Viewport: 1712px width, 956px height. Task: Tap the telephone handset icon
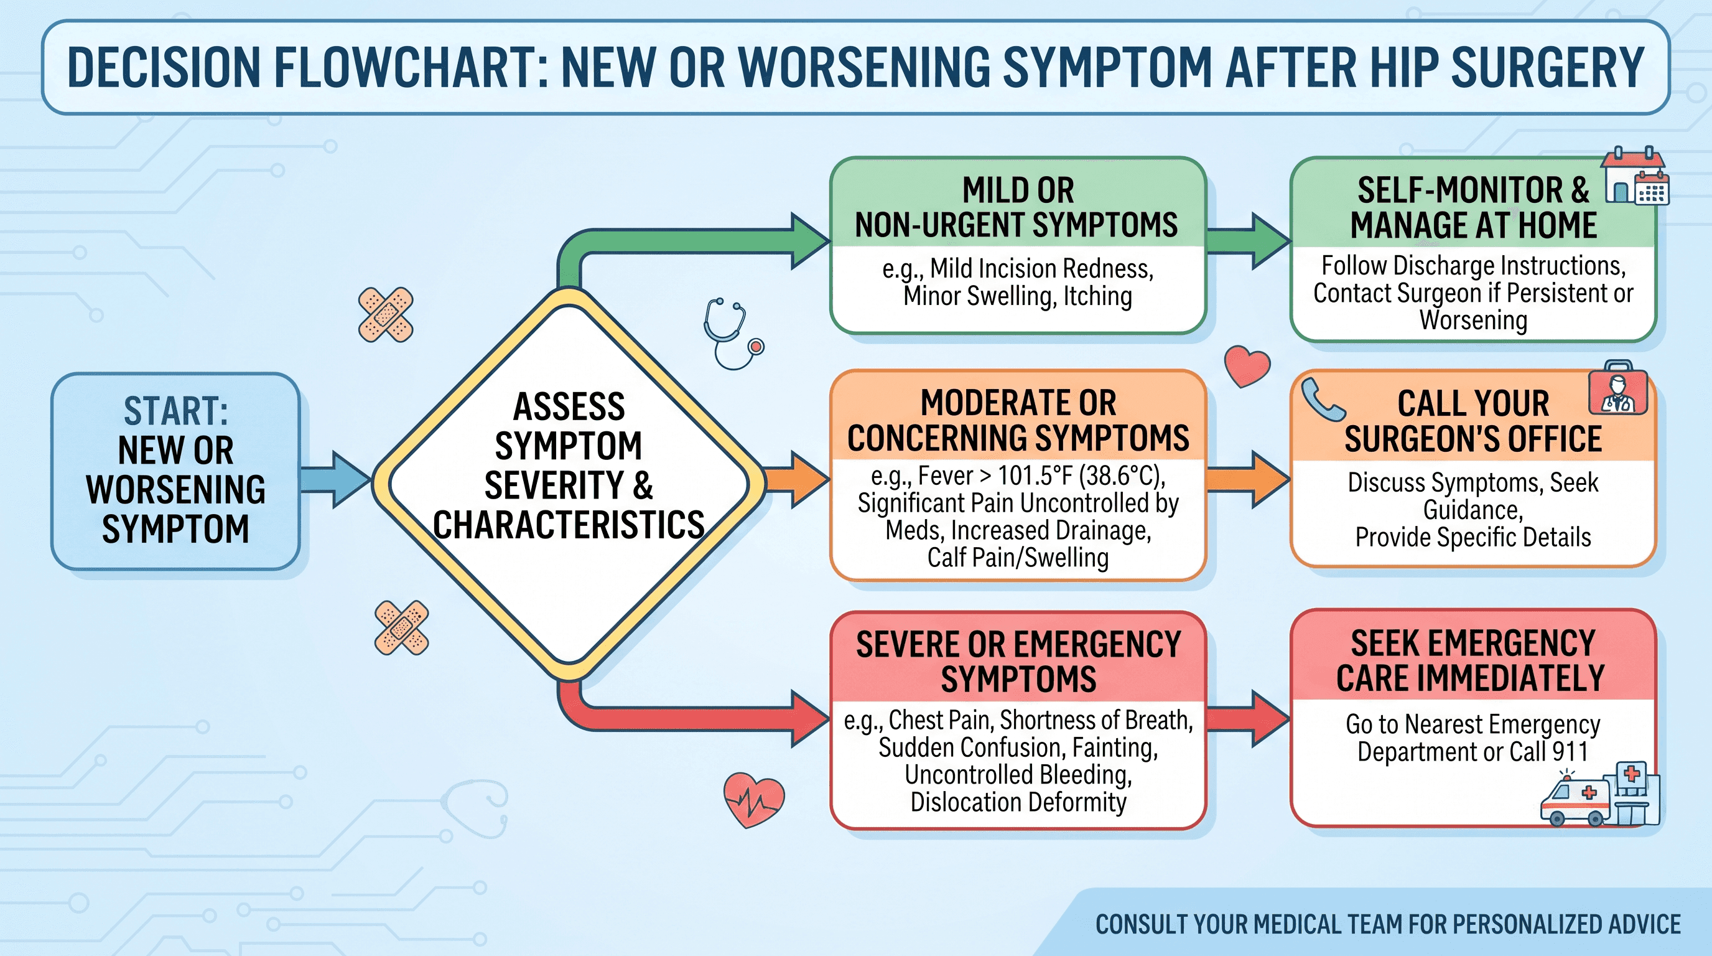coord(1323,400)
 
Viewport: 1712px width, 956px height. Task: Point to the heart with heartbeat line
coord(753,799)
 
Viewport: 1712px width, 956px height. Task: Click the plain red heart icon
coord(1247,365)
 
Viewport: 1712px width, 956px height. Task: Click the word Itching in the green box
coord(1098,296)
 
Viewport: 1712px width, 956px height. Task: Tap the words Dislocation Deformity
coord(1018,802)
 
